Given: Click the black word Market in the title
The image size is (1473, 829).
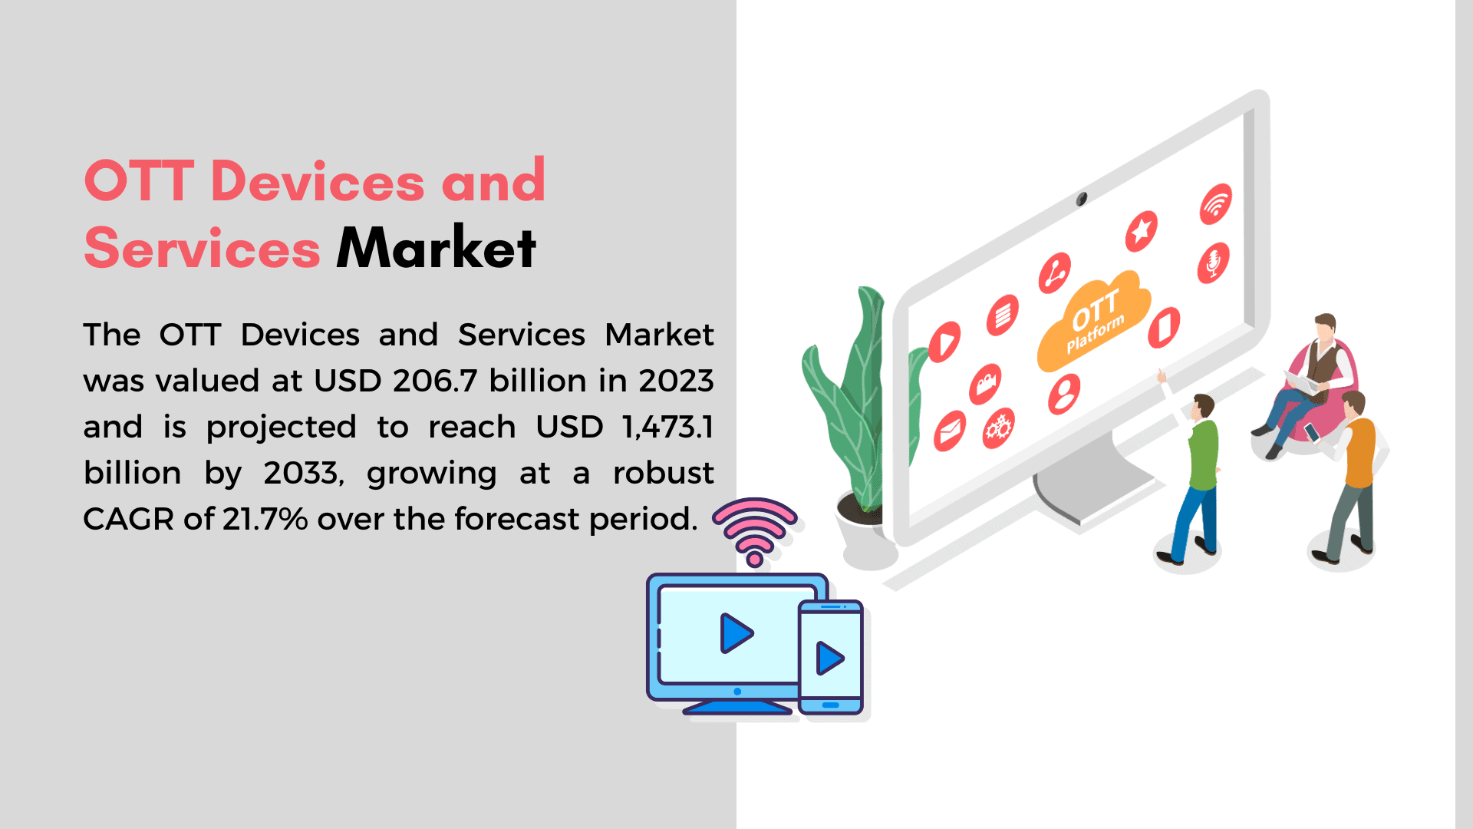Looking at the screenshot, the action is (436, 248).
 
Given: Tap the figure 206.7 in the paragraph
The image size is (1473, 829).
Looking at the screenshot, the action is (436, 381).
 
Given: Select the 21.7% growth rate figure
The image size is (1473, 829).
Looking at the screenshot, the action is (265, 519).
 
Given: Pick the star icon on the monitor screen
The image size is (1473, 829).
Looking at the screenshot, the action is (1141, 230).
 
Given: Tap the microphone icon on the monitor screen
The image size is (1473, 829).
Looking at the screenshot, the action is (1213, 263).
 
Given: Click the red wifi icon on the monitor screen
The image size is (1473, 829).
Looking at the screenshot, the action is (1216, 204).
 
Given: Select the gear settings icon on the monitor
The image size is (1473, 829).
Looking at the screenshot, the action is (998, 428).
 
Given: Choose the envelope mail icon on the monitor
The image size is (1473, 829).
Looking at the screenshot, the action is (950, 431).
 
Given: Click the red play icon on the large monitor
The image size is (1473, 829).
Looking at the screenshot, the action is (944, 342).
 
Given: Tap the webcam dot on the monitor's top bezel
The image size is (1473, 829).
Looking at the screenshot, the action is (1081, 200).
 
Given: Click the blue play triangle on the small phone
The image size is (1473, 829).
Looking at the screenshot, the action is (829, 659).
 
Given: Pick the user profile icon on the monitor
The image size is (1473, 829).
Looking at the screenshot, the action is (1064, 394).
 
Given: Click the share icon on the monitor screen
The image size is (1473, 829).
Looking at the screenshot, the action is (1055, 273).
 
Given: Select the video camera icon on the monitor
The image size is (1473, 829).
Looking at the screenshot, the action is (985, 384).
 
